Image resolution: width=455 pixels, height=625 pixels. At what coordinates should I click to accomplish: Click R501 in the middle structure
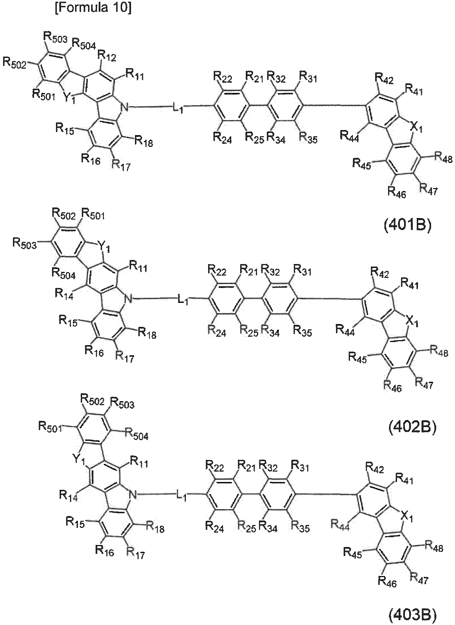click(93, 216)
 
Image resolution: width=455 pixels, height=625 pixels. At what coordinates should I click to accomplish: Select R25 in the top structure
click(255, 138)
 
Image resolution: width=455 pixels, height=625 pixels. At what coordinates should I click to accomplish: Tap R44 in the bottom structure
click(340, 525)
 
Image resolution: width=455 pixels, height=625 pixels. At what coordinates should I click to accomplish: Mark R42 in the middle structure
click(380, 272)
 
